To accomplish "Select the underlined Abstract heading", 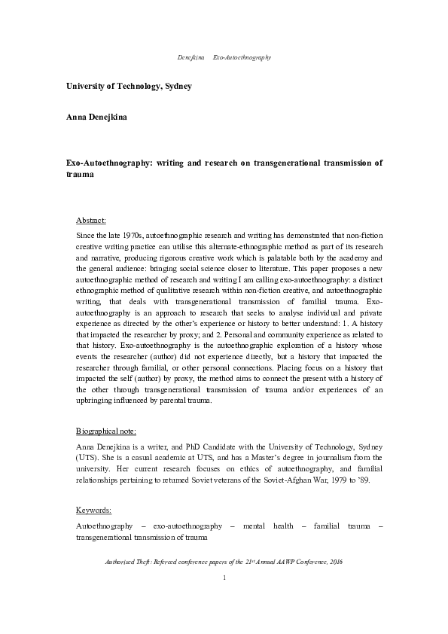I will [91, 221].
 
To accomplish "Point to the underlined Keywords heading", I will [94, 510].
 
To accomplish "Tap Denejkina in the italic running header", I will [191, 57].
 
